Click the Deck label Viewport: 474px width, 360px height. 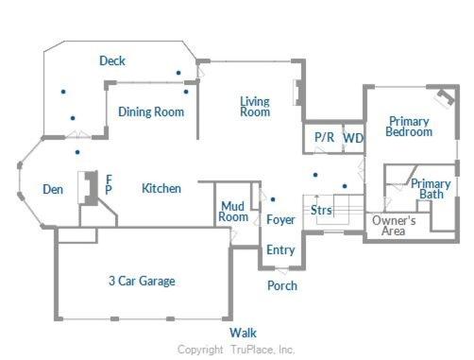(112, 60)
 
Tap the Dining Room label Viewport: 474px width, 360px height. (151, 111)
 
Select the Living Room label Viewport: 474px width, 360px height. (255, 107)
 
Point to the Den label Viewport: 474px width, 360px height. (53, 189)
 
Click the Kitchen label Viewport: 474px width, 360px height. (161, 188)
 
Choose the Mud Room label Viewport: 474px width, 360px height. (233, 212)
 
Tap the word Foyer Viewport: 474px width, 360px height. (280, 219)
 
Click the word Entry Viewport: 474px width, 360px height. (280, 249)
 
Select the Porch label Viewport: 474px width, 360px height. (282, 285)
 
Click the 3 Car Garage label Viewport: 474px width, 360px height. (142, 281)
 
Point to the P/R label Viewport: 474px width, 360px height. (325, 137)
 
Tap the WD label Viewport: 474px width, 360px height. (353, 138)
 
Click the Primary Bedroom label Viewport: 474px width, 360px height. (409, 127)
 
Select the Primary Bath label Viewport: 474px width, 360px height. (431, 189)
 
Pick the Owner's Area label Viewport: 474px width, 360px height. (394, 226)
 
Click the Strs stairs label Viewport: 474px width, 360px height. (321, 210)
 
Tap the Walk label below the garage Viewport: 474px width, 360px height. (243, 333)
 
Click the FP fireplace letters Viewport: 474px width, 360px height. (109, 184)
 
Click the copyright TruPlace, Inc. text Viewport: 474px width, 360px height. (236, 350)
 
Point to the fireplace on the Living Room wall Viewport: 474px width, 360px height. (296, 93)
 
